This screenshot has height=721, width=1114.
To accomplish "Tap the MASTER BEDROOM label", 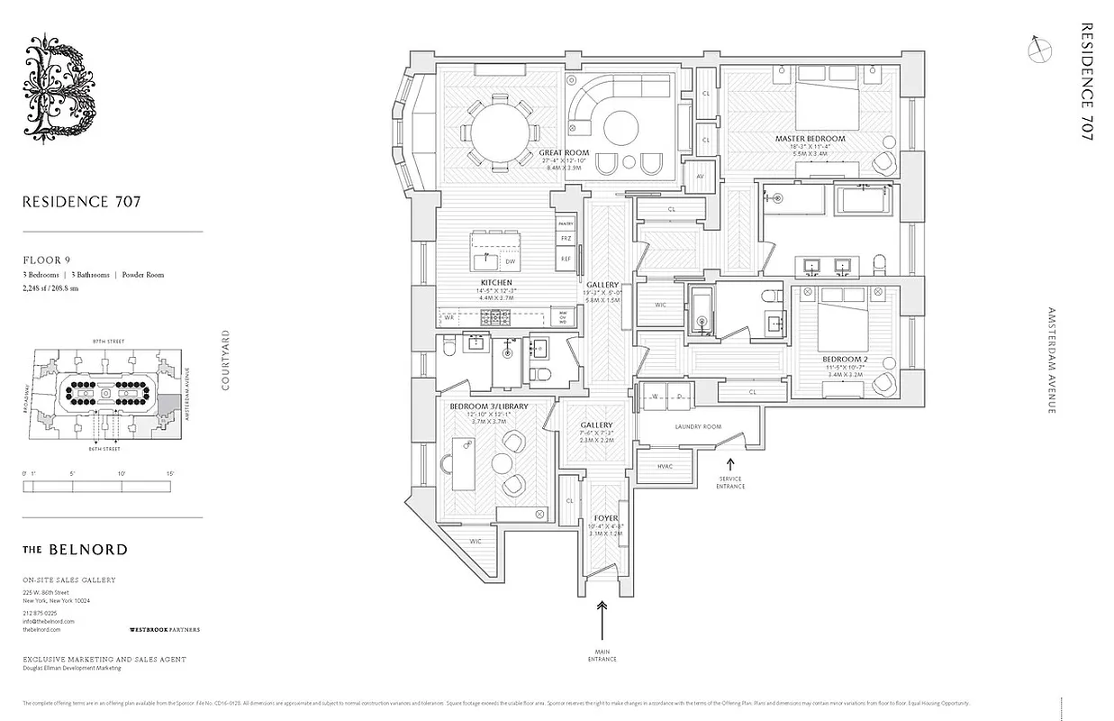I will [x=810, y=139].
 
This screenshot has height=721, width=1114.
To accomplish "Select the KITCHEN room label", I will [x=495, y=282].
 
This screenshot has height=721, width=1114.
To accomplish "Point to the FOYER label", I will [x=606, y=518].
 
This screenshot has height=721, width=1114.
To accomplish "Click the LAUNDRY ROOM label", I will [x=698, y=427].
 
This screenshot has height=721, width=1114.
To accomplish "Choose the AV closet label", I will [x=700, y=177].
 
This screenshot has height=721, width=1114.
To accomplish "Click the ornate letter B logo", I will [x=59, y=87].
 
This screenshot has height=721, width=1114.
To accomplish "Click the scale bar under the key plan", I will [x=96, y=486].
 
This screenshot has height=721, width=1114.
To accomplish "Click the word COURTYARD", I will [x=226, y=360].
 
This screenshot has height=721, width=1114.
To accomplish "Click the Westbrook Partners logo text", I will [x=165, y=629].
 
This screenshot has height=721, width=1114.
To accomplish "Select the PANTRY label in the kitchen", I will [x=566, y=223].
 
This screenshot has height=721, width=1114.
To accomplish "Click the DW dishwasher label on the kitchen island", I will [x=510, y=261].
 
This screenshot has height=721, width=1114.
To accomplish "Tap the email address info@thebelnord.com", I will [x=49, y=621].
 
